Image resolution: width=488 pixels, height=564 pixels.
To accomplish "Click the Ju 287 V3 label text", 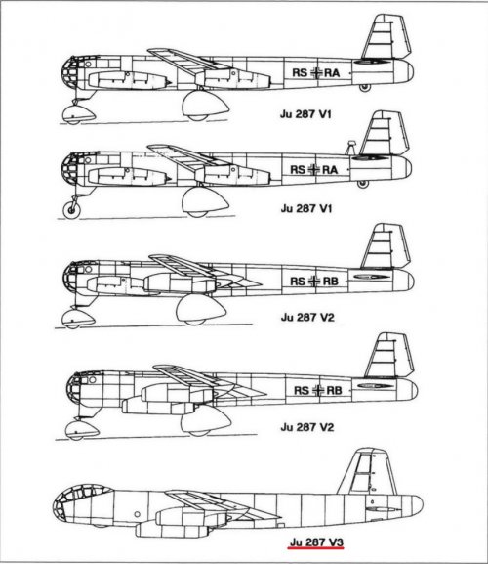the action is (x=316, y=542).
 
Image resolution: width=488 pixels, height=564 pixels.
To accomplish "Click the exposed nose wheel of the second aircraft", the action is (x=72, y=210).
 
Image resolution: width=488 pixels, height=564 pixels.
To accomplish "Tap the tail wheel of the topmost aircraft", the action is (x=365, y=88).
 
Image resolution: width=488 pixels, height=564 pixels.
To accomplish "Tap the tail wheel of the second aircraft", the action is (x=363, y=184).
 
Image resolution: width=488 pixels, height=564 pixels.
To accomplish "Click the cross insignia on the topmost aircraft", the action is (x=316, y=72).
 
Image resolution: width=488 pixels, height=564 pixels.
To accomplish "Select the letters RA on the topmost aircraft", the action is (x=332, y=73).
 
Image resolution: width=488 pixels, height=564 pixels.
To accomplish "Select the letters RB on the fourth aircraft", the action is (x=334, y=390).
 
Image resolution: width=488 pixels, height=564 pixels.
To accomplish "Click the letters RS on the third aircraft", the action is (x=298, y=281).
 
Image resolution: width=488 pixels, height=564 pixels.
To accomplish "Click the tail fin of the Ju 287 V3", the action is (x=368, y=472).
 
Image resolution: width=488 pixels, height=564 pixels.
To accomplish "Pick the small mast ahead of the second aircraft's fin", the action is (x=350, y=148).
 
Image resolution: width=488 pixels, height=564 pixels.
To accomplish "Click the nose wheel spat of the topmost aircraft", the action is (x=79, y=114).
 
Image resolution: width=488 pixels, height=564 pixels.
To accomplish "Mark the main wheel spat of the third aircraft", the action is (x=201, y=310).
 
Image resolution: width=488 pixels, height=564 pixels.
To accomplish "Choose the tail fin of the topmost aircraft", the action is (x=386, y=37).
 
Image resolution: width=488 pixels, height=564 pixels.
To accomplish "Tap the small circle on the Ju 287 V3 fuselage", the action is (x=137, y=514).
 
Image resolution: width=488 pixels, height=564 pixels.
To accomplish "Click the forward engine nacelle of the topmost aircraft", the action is (x=129, y=80).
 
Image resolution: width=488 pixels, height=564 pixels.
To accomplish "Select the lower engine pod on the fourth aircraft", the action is (x=160, y=407).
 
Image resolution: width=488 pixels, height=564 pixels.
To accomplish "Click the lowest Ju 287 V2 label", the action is (x=307, y=427).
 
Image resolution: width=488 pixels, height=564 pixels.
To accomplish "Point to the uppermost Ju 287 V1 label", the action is (x=305, y=114).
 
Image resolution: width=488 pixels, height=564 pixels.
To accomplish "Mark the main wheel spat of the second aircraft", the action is (x=205, y=202).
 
